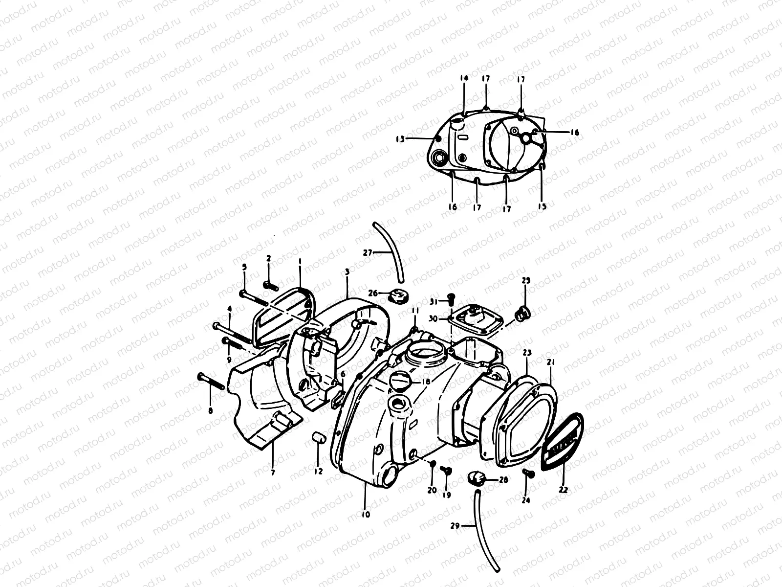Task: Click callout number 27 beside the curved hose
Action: point(368,253)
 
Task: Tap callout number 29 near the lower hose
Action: point(455,525)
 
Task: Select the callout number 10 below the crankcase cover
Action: point(366,514)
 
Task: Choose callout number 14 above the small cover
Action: point(464,78)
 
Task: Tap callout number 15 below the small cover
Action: point(542,206)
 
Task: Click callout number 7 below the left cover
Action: point(273,473)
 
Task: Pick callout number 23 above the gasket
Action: point(527,353)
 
